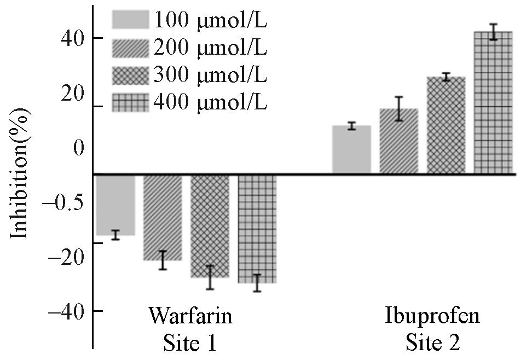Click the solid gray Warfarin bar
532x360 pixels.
pos(115,205)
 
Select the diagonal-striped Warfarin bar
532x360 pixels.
pos(163,217)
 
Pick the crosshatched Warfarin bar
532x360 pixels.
pos(210,226)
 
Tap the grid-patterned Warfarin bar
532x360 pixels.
pos(257,229)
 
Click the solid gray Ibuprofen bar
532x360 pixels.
pos(351,150)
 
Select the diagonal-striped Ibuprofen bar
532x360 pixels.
pos(398,142)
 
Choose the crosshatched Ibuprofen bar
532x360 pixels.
pos(446,125)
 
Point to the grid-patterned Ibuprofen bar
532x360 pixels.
pos(493,103)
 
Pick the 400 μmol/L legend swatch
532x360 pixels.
pos(130,102)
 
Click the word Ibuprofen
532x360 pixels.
pos(432,316)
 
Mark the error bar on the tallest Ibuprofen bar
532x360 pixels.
pos(493,32)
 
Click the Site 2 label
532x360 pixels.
pos(432,342)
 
